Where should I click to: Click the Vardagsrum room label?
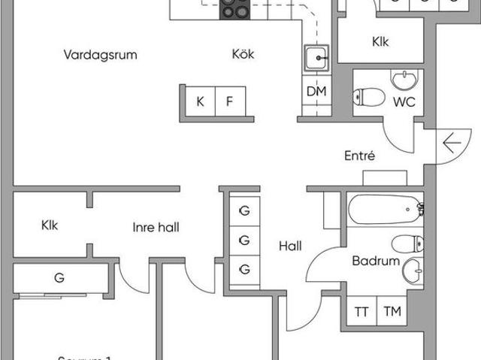[101, 54]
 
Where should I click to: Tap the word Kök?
[243, 54]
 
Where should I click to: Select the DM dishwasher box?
[316, 91]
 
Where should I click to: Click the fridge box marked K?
[200, 101]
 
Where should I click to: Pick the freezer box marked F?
[230, 101]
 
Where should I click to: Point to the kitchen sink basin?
[317, 58]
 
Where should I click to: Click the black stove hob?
[234, 9]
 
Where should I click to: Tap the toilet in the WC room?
[368, 98]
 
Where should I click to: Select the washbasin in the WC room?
[407, 80]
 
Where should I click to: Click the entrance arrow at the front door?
[452, 141]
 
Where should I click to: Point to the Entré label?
[359, 156]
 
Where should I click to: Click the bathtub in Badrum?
[383, 207]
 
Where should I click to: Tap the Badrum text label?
[375, 262]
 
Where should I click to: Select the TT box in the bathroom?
[361, 312]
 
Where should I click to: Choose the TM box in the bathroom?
[391, 312]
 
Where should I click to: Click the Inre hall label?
[156, 227]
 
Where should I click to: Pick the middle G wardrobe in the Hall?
[244, 241]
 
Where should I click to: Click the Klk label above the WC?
[380, 43]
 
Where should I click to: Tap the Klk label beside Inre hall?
[50, 225]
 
